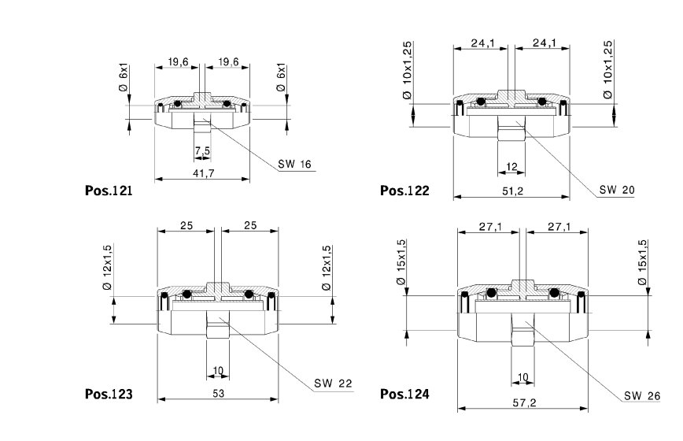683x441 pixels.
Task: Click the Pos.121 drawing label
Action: pyautogui.click(x=108, y=191)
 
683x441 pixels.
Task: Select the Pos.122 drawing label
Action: pyautogui.click(x=404, y=191)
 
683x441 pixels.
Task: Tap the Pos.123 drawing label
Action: pyautogui.click(x=109, y=393)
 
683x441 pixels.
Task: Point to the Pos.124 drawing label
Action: pyautogui.click(x=404, y=393)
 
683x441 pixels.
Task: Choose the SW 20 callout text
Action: pyautogui.click(x=616, y=190)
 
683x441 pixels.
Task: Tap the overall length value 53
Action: pyautogui.click(x=218, y=392)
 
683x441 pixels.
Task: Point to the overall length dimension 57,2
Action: pyautogui.click(x=521, y=402)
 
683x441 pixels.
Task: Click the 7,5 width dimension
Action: pyautogui.click(x=202, y=150)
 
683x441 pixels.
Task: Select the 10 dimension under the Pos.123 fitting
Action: pyautogui.click(x=217, y=369)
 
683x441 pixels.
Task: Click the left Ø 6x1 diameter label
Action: pyautogui.click(x=124, y=79)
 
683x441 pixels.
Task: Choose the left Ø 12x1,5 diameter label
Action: pyautogui.click(x=106, y=267)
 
